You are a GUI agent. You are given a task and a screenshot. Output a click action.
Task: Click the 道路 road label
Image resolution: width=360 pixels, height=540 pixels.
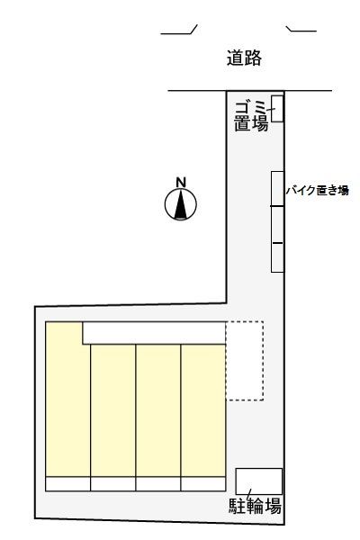coord(244,59)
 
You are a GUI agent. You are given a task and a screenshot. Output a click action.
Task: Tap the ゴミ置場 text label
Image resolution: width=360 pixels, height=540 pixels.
coord(251,116)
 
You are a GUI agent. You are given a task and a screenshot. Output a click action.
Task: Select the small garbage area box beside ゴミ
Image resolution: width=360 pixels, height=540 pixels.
coord(278,108)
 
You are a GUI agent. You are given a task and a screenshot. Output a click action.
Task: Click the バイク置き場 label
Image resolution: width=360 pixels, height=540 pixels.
coord(318,191)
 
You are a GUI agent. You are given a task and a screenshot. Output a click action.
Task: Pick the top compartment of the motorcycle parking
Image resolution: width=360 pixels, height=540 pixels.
coord(278,188)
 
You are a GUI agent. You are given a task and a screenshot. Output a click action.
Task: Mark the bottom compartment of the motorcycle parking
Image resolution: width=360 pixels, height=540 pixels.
coord(278,257)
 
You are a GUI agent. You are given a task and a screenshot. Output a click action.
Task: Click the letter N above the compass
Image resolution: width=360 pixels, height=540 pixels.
coord(181,183)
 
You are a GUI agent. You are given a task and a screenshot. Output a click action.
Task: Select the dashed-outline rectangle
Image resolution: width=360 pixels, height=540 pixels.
coord(244,361)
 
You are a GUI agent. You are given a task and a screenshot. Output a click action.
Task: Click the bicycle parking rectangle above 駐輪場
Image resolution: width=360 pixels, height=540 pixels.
coord(258,481)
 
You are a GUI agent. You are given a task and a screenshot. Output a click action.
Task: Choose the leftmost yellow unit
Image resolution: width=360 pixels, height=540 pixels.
coord(67,400)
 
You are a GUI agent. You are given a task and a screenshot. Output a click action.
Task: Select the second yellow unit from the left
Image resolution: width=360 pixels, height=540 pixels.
coord(113,409)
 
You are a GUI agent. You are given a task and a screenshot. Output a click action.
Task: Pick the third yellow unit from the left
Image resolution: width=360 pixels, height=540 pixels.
coord(158,409)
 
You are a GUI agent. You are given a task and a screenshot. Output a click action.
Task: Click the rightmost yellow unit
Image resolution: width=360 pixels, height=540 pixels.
coord(203,409)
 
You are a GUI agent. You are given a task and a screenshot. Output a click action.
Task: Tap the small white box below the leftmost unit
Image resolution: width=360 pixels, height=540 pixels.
coord(67,483)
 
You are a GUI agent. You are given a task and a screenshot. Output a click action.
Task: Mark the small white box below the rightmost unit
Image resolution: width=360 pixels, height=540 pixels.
coord(203,483)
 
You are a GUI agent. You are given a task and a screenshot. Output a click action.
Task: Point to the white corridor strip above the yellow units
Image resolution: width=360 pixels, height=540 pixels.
coord(153,333)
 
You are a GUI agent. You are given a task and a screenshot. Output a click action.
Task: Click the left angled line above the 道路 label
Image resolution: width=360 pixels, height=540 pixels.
coord(179,32)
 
